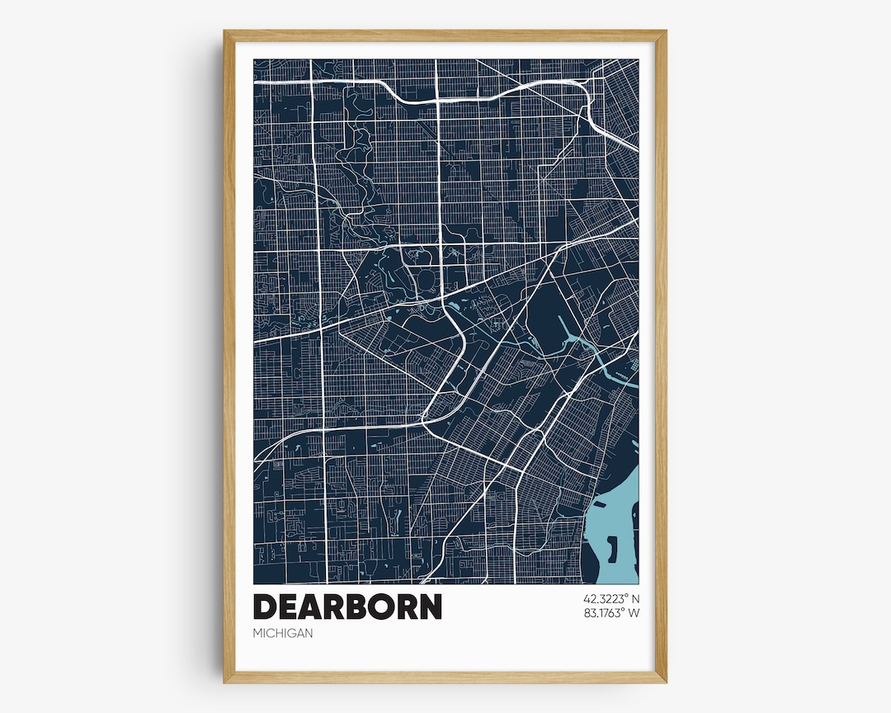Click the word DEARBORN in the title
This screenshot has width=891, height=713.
tap(347, 607)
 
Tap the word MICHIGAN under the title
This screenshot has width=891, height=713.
tap(283, 634)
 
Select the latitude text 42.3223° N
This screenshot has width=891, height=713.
tap(611, 598)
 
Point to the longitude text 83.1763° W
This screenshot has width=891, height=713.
tap(611, 613)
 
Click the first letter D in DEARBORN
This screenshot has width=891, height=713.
tap(265, 607)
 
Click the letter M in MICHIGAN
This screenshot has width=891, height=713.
tap(257, 634)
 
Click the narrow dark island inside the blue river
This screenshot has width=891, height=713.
tap(612, 548)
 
